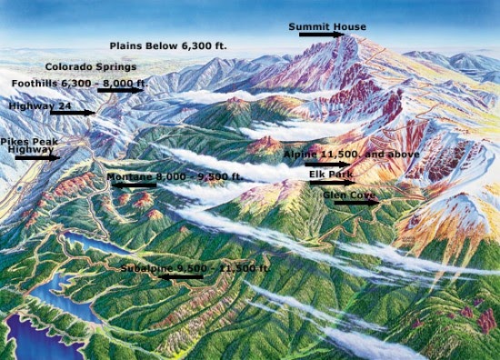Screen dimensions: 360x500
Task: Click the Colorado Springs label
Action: [91, 66]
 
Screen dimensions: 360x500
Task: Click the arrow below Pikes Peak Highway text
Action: [35, 157]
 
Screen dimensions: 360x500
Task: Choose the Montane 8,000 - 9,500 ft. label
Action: [174, 175]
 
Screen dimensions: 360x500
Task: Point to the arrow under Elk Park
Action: [331, 182]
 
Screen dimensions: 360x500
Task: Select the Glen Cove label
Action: [348, 194]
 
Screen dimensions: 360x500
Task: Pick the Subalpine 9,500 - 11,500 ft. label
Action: [195, 268]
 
